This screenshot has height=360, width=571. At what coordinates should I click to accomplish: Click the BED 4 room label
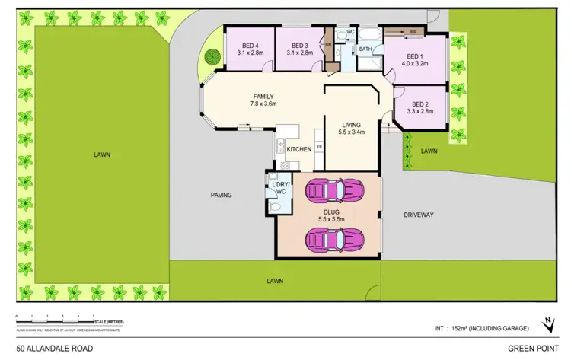(250, 45)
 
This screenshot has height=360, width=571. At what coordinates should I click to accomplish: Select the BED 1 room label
(414, 56)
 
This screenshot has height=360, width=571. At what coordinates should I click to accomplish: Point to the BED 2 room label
(419, 104)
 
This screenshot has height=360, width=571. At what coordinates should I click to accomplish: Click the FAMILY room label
(263, 97)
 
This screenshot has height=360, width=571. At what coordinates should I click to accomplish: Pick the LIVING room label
(351, 124)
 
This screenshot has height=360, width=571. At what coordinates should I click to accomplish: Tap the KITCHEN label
(298, 149)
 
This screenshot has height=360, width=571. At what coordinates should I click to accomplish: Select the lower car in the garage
(330, 240)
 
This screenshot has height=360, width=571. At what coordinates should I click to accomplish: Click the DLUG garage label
(330, 214)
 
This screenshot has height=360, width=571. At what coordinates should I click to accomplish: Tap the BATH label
(365, 49)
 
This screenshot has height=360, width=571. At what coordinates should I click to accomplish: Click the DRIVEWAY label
(419, 215)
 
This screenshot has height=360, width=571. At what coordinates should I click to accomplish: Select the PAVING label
(221, 196)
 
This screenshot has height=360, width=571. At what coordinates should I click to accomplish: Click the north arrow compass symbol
(547, 325)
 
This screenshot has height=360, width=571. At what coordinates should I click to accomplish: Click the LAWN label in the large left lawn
(102, 155)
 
